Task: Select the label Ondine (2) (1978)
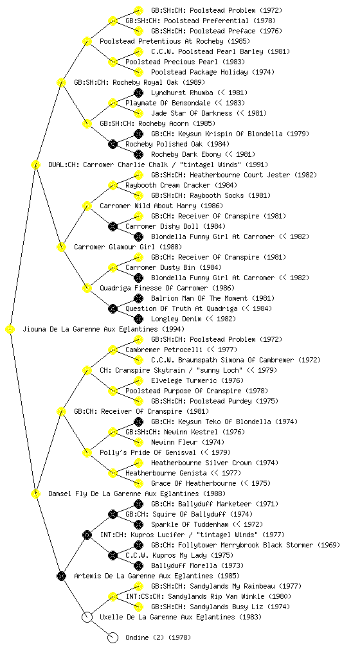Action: tap(158, 637)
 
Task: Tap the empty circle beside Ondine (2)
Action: tap(113, 637)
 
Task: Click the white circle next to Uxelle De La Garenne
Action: tap(87, 617)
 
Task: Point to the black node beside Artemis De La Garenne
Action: tap(61, 576)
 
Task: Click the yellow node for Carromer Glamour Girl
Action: tap(61, 247)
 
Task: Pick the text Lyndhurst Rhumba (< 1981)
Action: tap(199, 93)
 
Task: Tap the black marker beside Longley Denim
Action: tap(138, 319)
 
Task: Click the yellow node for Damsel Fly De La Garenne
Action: tap(35, 493)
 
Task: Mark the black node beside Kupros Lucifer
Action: tap(87, 535)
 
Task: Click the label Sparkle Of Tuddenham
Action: tap(192, 524)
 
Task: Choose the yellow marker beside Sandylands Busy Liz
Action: tap(138, 607)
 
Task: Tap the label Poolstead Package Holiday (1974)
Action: tap(213, 72)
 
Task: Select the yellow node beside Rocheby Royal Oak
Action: tap(61, 82)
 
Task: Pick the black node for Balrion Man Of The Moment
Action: tap(138, 298)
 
